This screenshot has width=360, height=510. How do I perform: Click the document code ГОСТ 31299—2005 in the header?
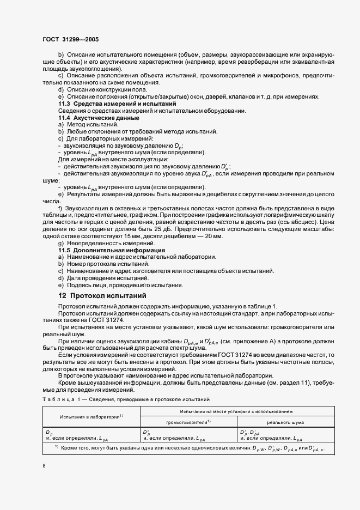pyautogui.click(x=70, y=40)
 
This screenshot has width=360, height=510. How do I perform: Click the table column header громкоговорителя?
pyautogui.click(x=188, y=422)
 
